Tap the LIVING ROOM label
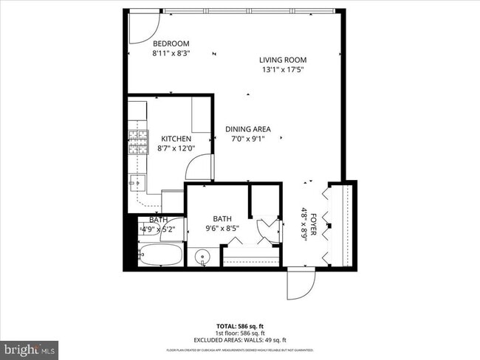pyautogui.click(x=282, y=60)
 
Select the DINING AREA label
pyautogui.click(x=247, y=129)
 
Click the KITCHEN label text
pyautogui.click(x=176, y=139)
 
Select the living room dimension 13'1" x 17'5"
pyautogui.click(x=282, y=70)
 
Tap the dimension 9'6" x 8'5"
pyautogui.click(x=222, y=229)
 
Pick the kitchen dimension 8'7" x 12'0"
pyautogui.click(x=176, y=148)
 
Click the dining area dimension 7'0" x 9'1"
pyautogui.click(x=247, y=139)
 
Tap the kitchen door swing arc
pyautogui.click(x=199, y=168)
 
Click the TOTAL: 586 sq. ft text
pyautogui.click(x=240, y=325)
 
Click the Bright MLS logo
pyautogui.click(x=30, y=347)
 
